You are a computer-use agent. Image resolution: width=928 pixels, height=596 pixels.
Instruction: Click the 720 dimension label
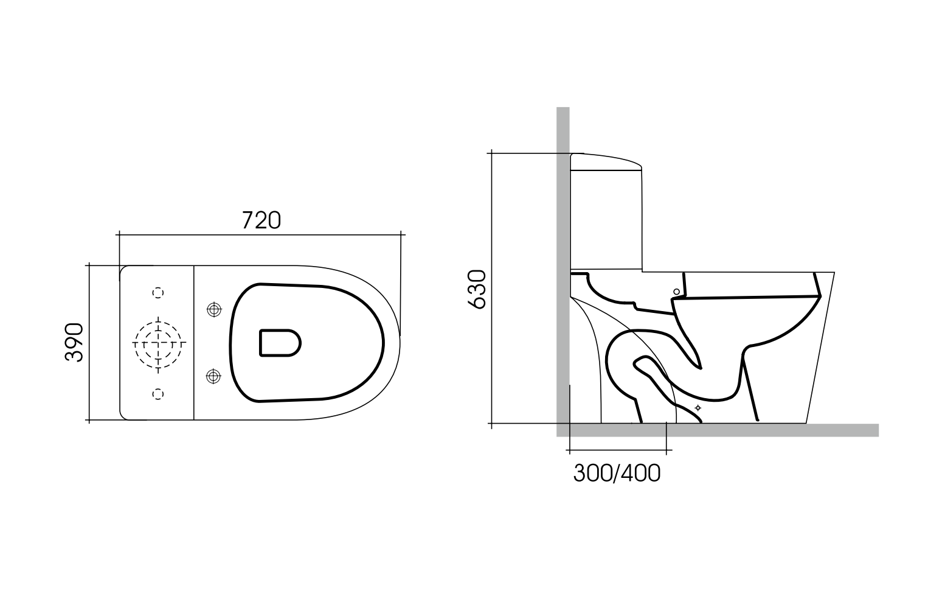(261, 220)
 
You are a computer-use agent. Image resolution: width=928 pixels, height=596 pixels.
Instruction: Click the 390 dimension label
(74, 342)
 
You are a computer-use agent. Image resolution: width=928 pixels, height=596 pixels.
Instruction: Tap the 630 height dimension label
(477, 290)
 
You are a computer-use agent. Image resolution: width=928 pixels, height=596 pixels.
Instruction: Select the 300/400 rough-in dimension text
(616, 473)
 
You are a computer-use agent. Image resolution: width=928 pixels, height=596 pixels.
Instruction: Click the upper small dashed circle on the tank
(158, 293)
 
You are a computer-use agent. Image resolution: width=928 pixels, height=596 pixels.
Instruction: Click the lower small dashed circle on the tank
(158, 394)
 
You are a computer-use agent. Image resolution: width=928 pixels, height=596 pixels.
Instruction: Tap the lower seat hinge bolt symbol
(213, 376)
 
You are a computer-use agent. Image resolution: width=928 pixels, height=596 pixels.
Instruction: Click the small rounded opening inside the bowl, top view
(280, 343)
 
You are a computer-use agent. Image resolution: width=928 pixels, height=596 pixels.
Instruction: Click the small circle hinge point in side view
(676, 292)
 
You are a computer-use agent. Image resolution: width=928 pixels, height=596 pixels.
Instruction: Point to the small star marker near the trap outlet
(698, 407)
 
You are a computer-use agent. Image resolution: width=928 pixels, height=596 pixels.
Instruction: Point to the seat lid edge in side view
(748, 298)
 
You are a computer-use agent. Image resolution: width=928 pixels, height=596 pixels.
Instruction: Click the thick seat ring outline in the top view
(383, 343)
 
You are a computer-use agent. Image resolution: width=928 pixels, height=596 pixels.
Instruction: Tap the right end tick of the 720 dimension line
(401, 234)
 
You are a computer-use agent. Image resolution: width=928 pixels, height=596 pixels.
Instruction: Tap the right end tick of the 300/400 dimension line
(667, 451)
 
